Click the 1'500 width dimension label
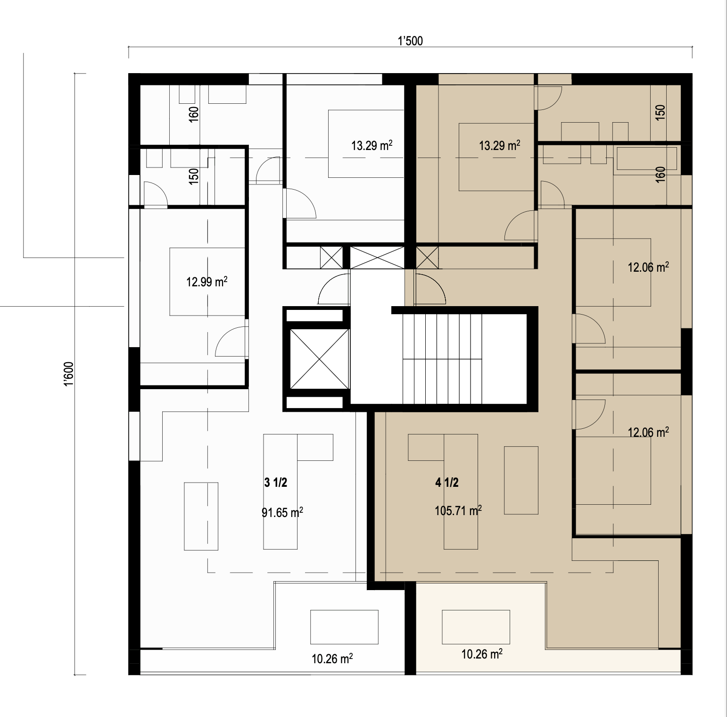click(410, 41)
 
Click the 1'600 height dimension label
click(70, 374)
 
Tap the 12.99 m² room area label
click(207, 282)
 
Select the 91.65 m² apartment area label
click(282, 512)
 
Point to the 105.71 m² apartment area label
click(458, 510)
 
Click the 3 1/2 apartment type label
click(276, 483)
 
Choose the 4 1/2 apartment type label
click(446, 483)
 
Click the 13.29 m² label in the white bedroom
click(372, 145)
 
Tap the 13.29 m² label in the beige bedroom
click(500, 145)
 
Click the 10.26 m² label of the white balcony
click(332, 659)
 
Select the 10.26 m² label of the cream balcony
click(481, 654)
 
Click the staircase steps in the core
click(442, 359)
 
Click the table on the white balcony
click(344, 627)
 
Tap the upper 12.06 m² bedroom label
click(648, 267)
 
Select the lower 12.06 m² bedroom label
click(648, 432)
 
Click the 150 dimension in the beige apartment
click(661, 111)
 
